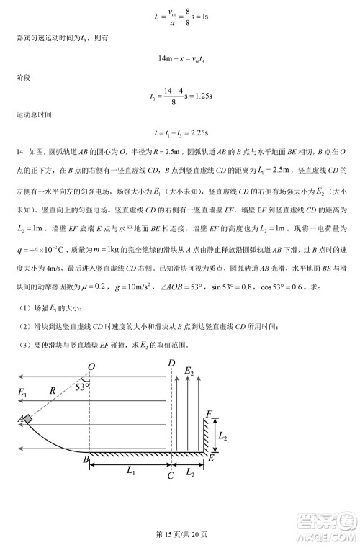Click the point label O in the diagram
tap(91, 367)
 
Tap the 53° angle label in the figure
tap(81, 387)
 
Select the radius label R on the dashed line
tap(53, 392)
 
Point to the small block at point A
tap(27, 419)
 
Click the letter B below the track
tap(86, 459)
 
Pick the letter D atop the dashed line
tap(171, 363)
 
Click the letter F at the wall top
tap(209, 414)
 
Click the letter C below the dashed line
tap(170, 475)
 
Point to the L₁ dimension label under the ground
tap(130, 472)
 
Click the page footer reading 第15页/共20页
tap(179, 533)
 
